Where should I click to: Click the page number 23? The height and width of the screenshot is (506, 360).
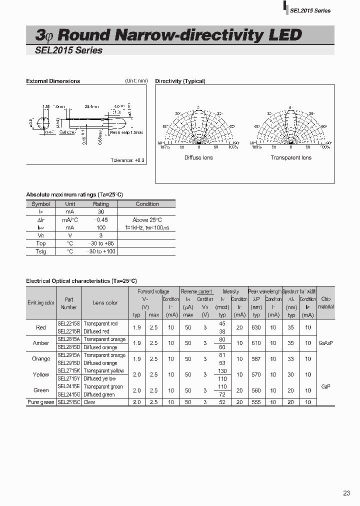click(346, 493)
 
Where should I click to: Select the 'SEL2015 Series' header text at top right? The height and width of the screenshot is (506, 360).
click(310, 10)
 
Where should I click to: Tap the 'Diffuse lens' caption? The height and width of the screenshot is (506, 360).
click(198, 157)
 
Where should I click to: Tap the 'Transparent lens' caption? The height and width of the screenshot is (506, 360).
click(291, 157)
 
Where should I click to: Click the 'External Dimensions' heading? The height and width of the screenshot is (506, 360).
click(53, 81)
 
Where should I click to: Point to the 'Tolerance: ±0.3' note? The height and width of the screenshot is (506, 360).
click(127, 160)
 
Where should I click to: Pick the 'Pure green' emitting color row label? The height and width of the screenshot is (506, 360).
click(41, 402)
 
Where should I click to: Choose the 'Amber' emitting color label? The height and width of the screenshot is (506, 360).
click(41, 343)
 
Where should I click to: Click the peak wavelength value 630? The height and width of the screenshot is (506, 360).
click(256, 327)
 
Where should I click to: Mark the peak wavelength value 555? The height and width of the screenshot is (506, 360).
click(256, 402)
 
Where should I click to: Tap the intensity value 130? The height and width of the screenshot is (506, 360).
click(222, 371)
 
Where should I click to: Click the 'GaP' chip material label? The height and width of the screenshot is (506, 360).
click(325, 386)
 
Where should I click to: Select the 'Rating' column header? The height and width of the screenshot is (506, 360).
click(100, 204)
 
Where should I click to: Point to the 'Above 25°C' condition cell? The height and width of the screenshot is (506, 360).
click(147, 219)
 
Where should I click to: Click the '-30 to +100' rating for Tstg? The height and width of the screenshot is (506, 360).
click(101, 251)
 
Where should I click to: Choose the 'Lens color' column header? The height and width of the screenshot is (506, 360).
click(105, 302)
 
